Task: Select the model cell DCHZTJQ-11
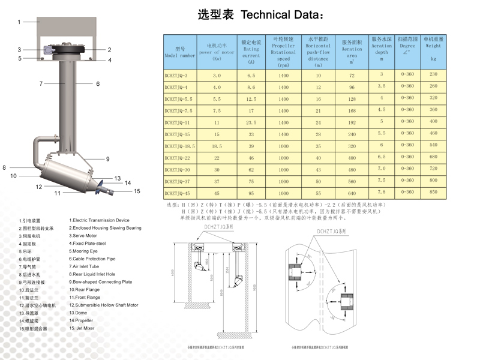(x=178, y=122)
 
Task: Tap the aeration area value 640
(x=352, y=193)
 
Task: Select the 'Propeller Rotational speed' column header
(x=283, y=52)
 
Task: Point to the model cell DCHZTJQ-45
(x=178, y=193)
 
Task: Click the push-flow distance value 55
(x=318, y=193)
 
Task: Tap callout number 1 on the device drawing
(x=19, y=22)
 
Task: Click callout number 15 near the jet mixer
(x=137, y=191)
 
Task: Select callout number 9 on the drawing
(x=108, y=159)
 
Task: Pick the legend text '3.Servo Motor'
(x=83, y=236)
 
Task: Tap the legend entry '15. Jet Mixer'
(x=82, y=328)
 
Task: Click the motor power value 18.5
(x=217, y=146)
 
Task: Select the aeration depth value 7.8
(x=382, y=192)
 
